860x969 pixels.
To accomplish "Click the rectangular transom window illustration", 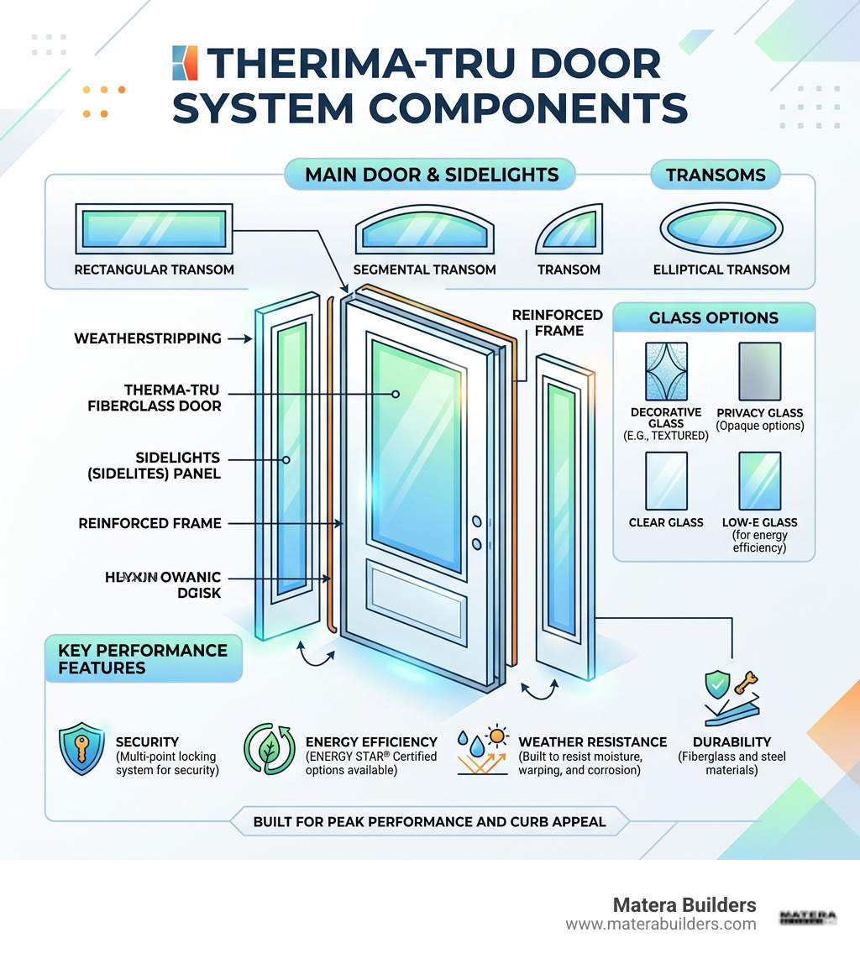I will pos(154,228).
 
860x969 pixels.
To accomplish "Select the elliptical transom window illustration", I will pos(721,228).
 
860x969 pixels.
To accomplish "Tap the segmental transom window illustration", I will pos(424,228).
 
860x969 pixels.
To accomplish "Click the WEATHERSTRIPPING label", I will pos(148,338).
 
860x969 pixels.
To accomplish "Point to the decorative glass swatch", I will pos(665,371).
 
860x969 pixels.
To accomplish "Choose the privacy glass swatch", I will pos(759,371).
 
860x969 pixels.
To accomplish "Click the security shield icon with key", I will pos(82,749).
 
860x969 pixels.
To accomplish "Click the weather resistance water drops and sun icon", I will pos(483,750).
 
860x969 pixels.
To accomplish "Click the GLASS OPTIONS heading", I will pos(714,318).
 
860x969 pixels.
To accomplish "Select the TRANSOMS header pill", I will pos(716,175).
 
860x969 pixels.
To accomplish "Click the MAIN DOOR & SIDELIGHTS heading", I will pos(432,175).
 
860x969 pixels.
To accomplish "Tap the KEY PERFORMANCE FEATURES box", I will pos(143,659).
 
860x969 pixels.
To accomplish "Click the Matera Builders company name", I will pos(684,905).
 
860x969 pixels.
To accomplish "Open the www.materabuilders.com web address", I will pos(660,924).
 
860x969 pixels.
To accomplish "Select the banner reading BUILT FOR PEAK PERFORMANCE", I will pos(429,821).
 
